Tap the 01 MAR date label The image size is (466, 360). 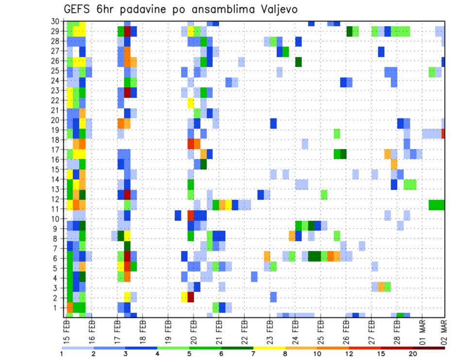[x=423, y=330]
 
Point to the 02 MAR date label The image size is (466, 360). [x=443, y=330]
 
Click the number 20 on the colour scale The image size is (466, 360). [x=413, y=353]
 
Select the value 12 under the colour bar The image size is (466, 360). [x=349, y=353]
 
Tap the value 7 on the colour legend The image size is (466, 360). [x=253, y=353]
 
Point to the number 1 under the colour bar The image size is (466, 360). [x=62, y=353]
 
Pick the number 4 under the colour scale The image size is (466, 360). [x=157, y=353]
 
